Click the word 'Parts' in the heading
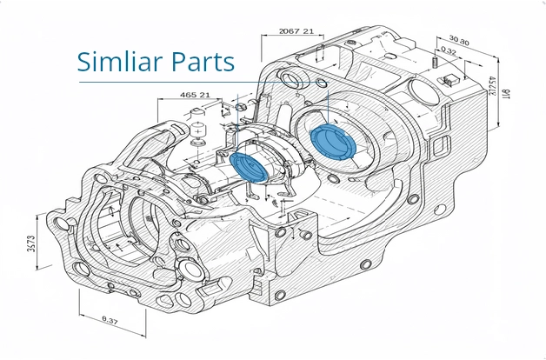(x=203, y=62)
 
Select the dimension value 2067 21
(x=296, y=31)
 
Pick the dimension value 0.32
(x=449, y=51)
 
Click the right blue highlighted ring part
(x=331, y=141)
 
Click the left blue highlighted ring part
(x=251, y=165)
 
